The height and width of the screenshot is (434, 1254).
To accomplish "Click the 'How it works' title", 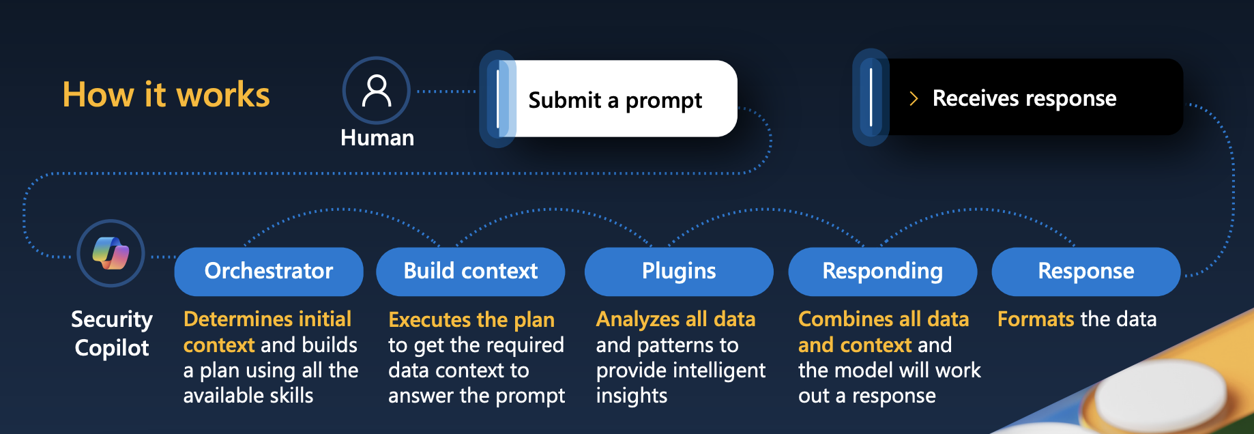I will pos(166,94).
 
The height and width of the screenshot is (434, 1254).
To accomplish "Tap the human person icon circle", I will pos(376,90).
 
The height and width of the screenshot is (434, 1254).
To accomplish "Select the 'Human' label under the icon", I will pos(377,138).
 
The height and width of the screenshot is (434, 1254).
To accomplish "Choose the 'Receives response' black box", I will pos(1023,98).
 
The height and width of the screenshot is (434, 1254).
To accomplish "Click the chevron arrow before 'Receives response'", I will pos(914,99).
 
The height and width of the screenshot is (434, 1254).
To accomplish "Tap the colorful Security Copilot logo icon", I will pos(111,253).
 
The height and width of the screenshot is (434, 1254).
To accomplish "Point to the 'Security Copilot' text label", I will pos(112,333).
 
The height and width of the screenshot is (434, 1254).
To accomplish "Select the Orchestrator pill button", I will pos(269,271).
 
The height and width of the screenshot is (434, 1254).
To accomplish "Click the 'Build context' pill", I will pos(470,271).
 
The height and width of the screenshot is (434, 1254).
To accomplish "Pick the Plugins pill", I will pos(678,271).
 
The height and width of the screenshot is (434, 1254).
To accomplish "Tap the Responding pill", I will pos(882,271).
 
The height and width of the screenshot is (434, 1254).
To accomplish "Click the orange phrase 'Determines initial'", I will pos(267,319).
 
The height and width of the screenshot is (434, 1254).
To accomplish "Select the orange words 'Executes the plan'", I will pos(471,319).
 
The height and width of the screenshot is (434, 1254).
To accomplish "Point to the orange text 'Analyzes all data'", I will pos(675,319).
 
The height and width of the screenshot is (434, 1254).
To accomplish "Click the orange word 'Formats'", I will pos(1035,319).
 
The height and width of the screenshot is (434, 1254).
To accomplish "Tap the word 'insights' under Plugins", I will pos(631,396).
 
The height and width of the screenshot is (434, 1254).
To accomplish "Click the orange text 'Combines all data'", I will pos(883,319).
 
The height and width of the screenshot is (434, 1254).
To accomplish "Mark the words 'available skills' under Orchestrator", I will pos(248,396).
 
